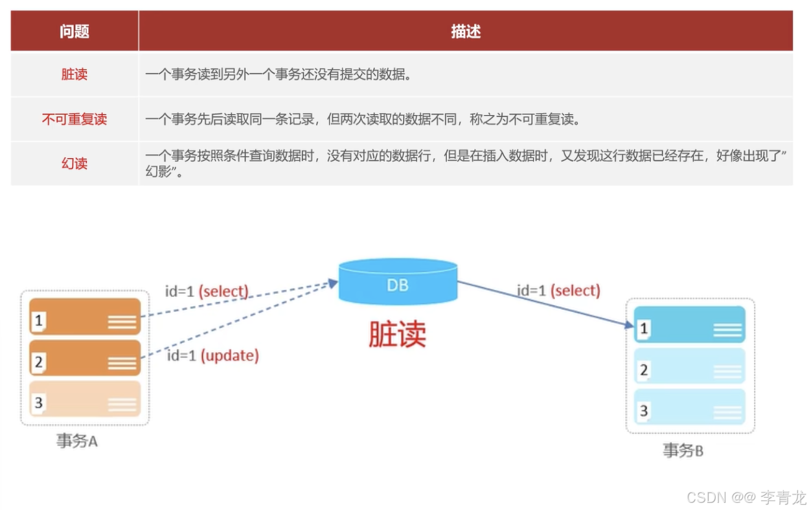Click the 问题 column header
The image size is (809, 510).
[x=74, y=31]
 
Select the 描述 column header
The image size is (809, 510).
[x=466, y=31]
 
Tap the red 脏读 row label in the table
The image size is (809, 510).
[x=74, y=74]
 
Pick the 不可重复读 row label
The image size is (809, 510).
[x=74, y=119]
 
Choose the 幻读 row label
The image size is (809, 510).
[x=74, y=163]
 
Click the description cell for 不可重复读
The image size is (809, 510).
[x=362, y=119]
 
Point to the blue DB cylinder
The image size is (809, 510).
[x=398, y=282]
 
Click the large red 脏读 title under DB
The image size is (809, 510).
[x=397, y=334]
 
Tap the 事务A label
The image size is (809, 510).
[x=76, y=441]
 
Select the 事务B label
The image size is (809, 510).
[x=683, y=450]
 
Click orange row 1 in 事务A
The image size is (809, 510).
[x=85, y=316]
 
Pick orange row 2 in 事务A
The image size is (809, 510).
[x=85, y=358]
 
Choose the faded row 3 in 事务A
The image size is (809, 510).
[x=85, y=399]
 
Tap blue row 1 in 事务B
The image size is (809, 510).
[x=690, y=325]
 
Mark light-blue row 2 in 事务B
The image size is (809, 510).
[x=690, y=366]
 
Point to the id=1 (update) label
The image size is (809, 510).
[x=213, y=355]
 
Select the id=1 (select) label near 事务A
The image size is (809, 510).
[x=207, y=291]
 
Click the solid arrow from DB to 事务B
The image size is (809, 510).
[x=544, y=304]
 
